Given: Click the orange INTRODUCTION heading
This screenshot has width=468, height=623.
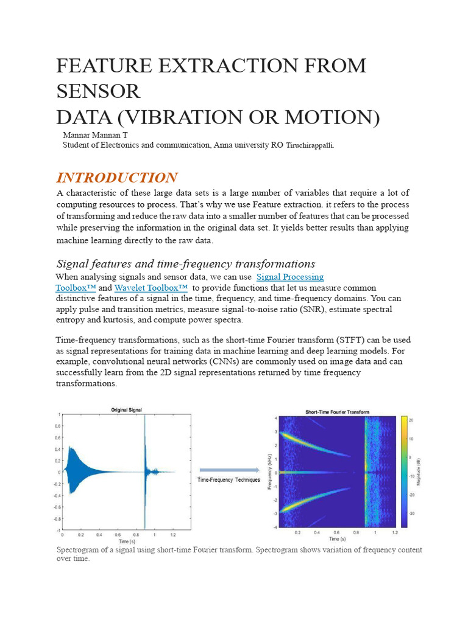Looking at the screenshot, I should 117,178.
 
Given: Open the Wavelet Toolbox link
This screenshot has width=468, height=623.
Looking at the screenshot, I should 150,287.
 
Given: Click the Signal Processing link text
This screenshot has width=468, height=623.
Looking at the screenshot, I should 290,277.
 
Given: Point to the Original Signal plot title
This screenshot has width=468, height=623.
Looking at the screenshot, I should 127,410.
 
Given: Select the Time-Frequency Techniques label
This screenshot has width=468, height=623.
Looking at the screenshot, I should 229,480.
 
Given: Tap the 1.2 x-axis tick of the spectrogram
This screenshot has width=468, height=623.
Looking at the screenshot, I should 395,532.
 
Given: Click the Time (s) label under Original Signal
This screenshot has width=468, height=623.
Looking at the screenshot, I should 127,541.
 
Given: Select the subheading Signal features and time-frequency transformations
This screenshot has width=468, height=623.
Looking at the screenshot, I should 186,263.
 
